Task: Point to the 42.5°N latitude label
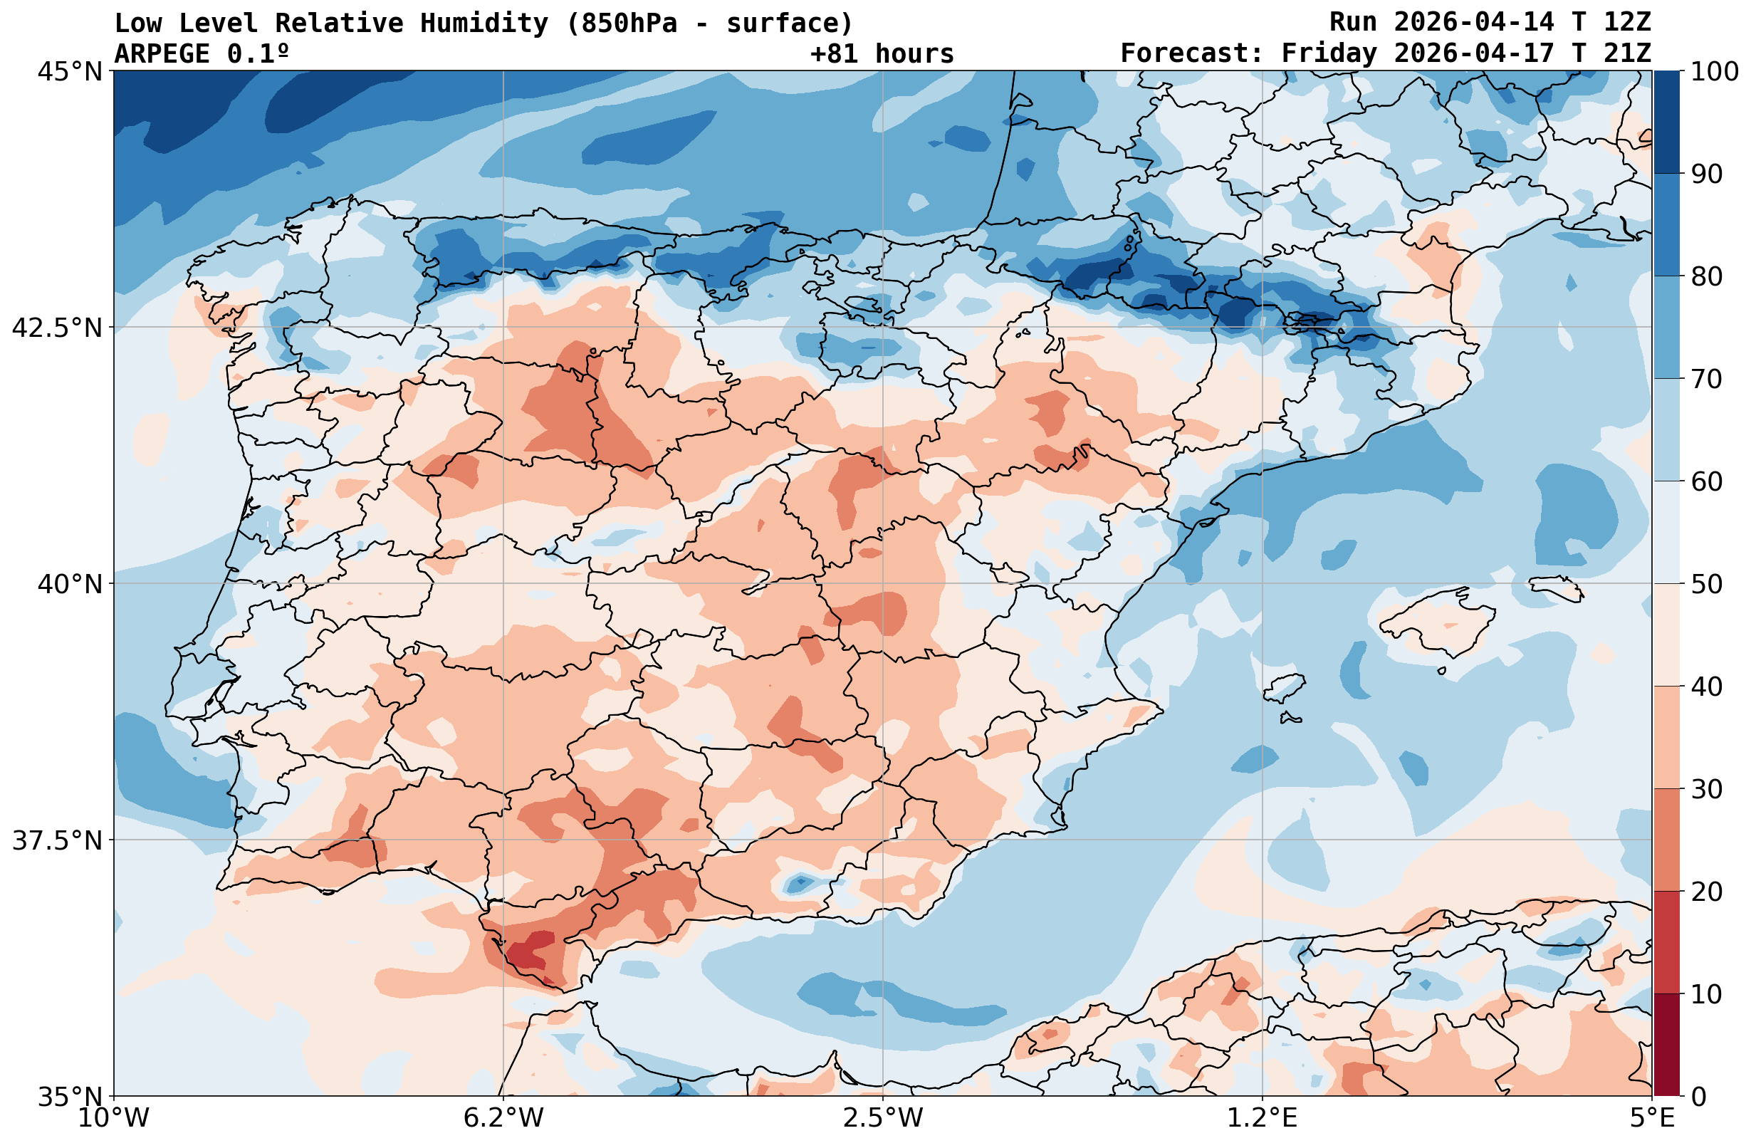click(x=57, y=328)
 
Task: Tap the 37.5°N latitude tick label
click(x=57, y=840)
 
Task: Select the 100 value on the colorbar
click(x=1714, y=72)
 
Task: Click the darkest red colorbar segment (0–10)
click(x=1666, y=1045)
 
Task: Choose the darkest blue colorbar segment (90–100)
click(x=1666, y=122)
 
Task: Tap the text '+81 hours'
click(x=882, y=53)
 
